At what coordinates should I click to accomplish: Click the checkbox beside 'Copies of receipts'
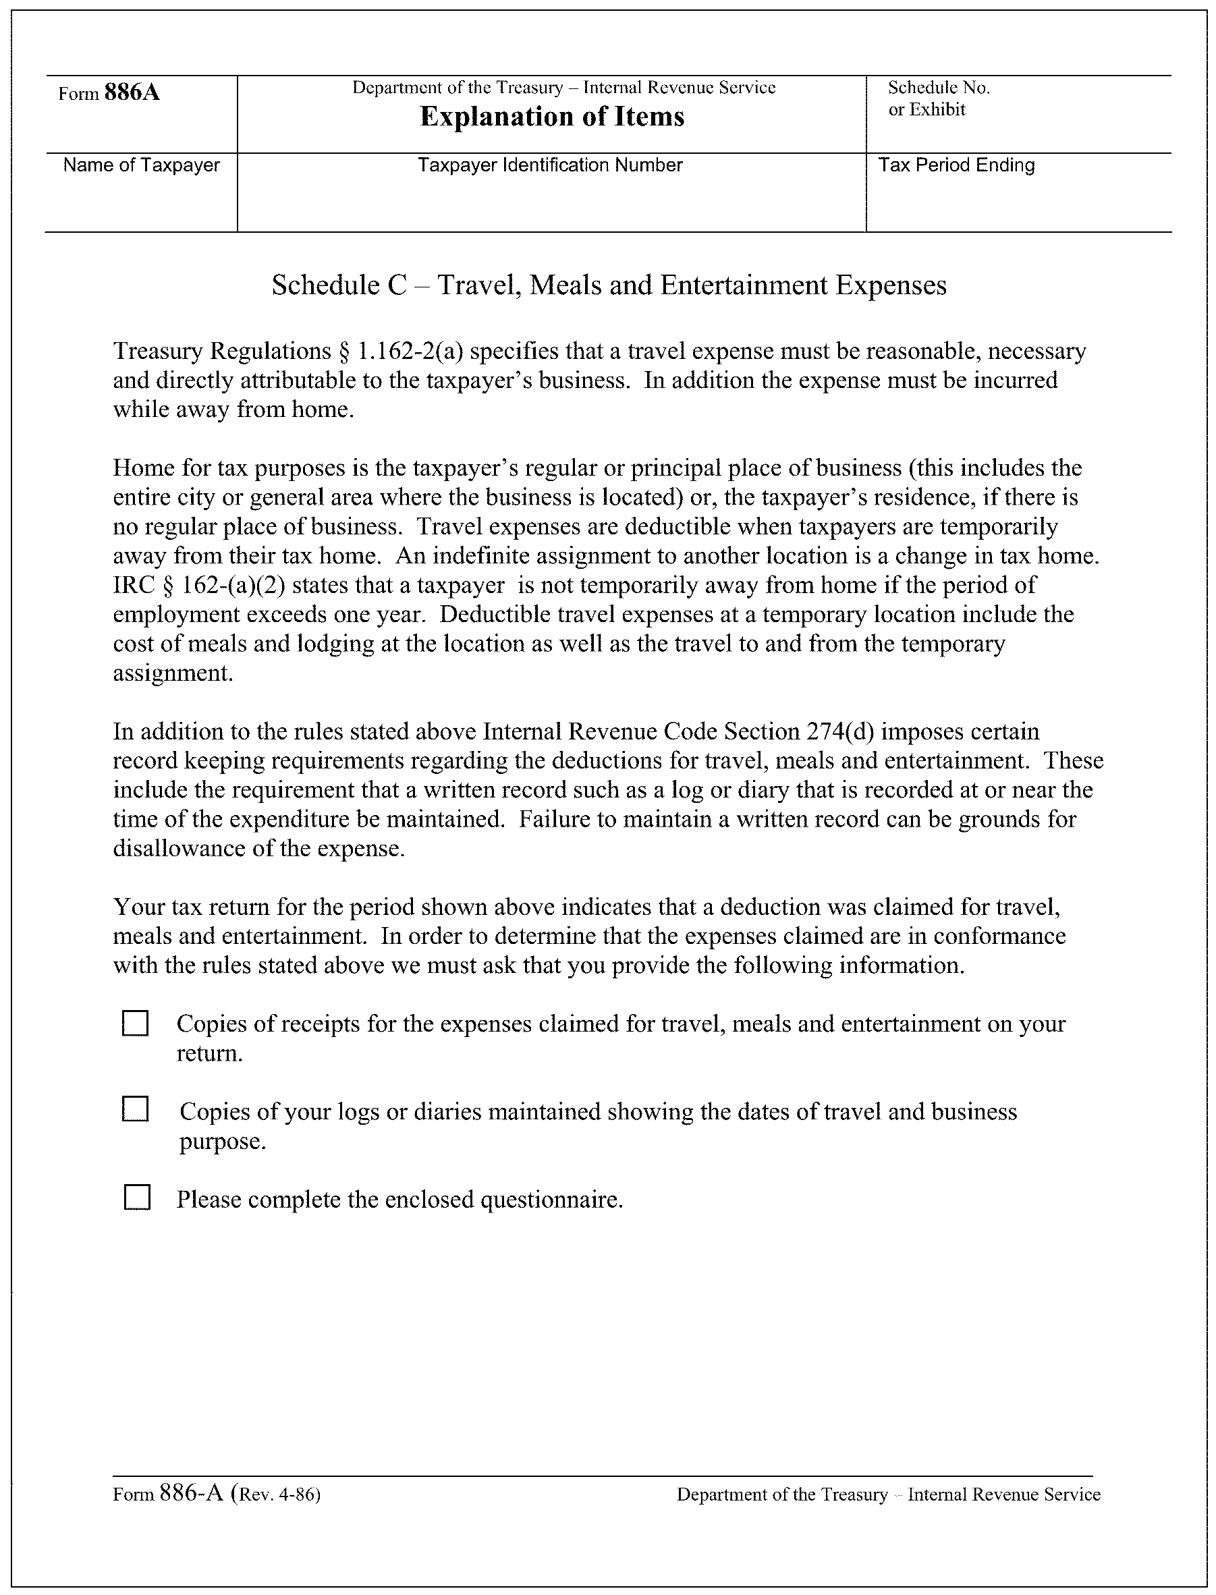[x=136, y=1024]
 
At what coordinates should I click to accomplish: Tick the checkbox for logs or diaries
[x=136, y=1109]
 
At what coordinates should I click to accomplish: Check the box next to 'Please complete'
[x=137, y=1198]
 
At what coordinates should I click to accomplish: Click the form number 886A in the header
[x=132, y=92]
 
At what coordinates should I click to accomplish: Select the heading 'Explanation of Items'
[x=551, y=117]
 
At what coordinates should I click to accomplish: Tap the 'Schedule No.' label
[x=939, y=88]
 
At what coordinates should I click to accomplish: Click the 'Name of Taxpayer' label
[x=141, y=165]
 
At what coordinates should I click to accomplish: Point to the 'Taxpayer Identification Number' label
[x=550, y=165]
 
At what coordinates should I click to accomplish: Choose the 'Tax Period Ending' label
[x=956, y=165]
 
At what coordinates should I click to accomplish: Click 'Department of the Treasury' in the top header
[x=458, y=88]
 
